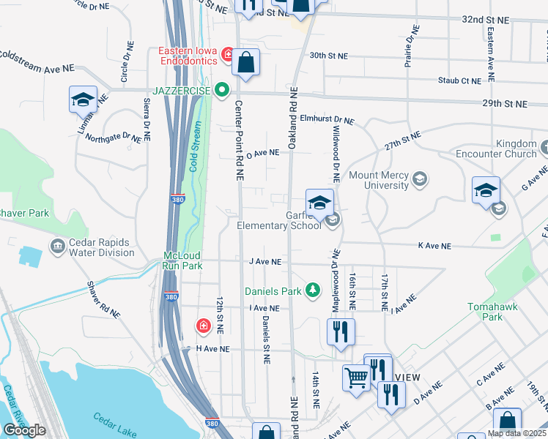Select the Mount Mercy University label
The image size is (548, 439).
[x=378, y=180]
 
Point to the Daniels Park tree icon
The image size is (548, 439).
[x=313, y=291]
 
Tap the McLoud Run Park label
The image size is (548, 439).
[x=182, y=260]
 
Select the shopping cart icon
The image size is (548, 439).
[x=356, y=379]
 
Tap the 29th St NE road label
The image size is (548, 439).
[x=505, y=105]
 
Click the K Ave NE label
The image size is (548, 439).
[x=432, y=245]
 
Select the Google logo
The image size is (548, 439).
[x=24, y=430]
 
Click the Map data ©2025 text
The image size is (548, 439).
[x=516, y=433]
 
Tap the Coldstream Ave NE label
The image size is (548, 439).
[x=37, y=61]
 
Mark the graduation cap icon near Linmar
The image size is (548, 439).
[x=83, y=99]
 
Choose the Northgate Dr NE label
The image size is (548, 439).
[x=113, y=137]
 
